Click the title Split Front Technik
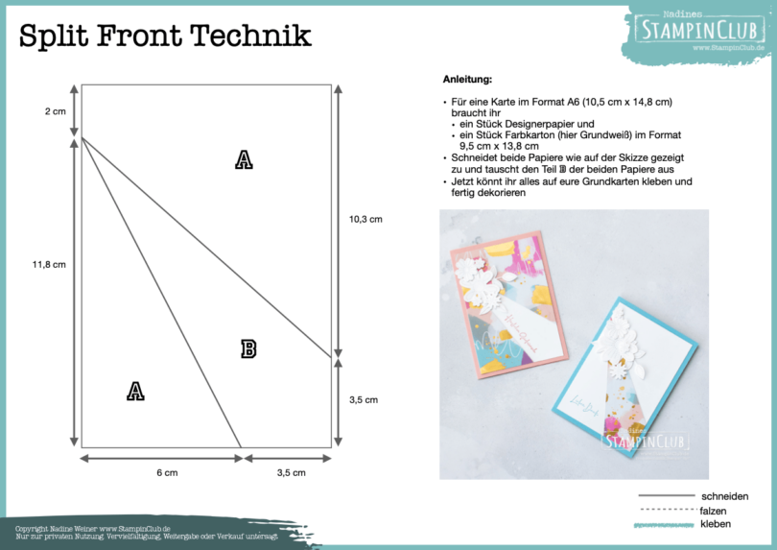(165, 36)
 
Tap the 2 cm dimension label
(55, 111)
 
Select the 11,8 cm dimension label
(48, 264)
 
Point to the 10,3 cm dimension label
(365, 219)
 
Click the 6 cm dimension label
(167, 472)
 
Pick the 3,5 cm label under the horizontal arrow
(291, 472)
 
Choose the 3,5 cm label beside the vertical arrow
(363, 399)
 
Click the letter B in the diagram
(248, 349)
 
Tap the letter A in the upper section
(244, 160)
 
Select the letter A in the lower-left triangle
(135, 391)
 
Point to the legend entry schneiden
(724, 496)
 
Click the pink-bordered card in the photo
(497, 302)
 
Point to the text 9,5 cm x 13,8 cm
(498, 147)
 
